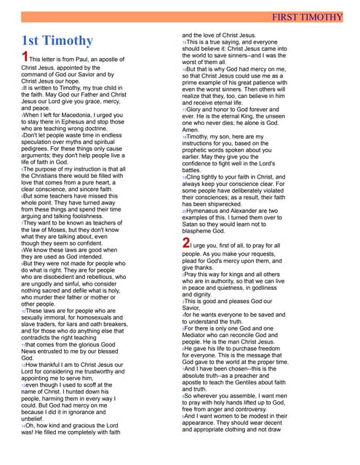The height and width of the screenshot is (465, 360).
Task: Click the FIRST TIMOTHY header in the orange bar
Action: pyautogui.click(x=316, y=16)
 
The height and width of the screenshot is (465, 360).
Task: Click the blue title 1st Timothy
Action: pyautogui.click(x=57, y=41)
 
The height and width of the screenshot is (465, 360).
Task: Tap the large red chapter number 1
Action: pyautogui.click(x=25, y=57)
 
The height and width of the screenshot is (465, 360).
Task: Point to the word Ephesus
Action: pyautogui.click(x=82, y=121)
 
